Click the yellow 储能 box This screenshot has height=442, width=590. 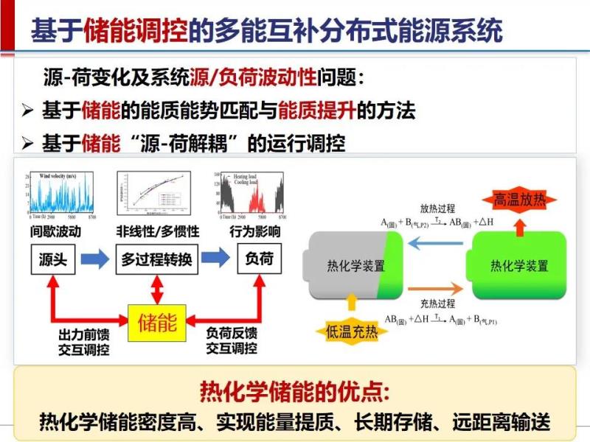(158, 322)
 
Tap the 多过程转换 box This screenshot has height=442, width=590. (157, 260)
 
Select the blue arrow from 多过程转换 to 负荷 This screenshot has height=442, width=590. (216, 259)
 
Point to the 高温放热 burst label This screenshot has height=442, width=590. (520, 199)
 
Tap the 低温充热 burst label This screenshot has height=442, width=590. (352, 331)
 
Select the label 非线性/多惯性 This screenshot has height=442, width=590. (157, 231)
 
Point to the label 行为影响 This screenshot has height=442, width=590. (257, 231)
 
